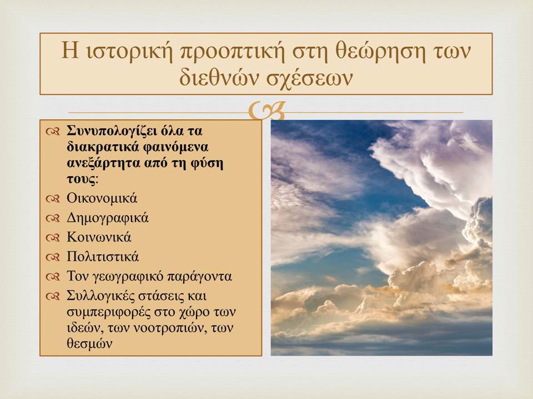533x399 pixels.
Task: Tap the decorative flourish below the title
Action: [x=266, y=111]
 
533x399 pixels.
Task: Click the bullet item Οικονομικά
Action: [x=102, y=198]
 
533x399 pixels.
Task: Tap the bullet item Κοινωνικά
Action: [x=99, y=237]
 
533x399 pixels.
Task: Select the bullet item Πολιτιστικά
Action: [x=103, y=257]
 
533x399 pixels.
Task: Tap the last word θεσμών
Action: [x=89, y=344]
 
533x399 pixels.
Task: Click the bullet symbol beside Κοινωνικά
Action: [x=53, y=238]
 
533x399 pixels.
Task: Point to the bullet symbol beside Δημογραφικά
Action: [x=53, y=218]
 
